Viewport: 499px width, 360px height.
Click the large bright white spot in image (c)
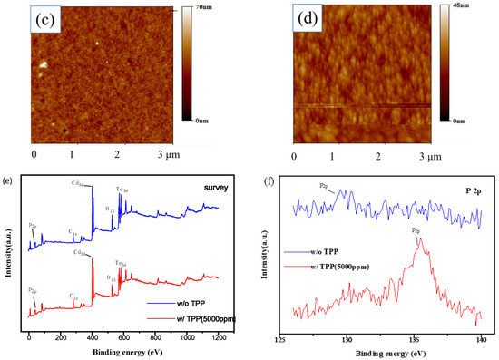click(x=42, y=64)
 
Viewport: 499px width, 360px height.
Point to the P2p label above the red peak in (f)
click(x=416, y=231)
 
